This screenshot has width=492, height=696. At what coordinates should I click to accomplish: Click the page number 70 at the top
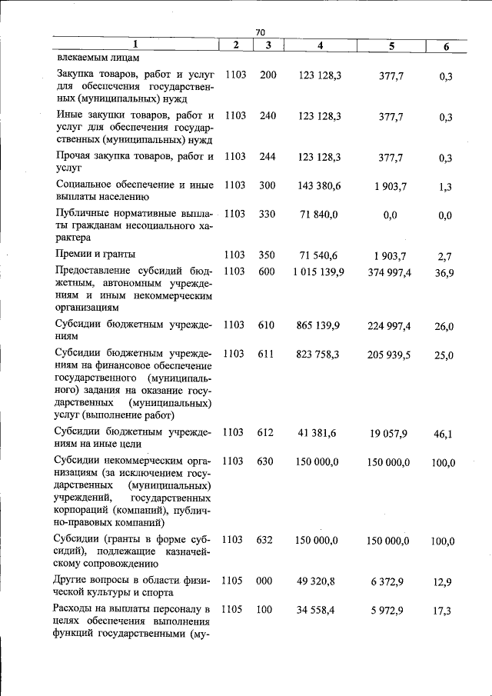click(260, 32)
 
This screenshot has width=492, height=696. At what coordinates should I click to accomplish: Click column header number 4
click(319, 46)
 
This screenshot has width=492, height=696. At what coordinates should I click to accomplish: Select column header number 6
click(446, 47)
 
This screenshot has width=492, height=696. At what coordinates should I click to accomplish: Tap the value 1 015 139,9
click(319, 271)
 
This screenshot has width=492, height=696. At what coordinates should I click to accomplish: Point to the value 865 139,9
click(319, 325)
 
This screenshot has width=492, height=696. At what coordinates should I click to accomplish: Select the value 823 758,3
click(319, 355)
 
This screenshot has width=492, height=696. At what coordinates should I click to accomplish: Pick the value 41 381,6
click(319, 433)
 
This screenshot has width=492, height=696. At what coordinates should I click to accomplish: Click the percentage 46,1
click(444, 435)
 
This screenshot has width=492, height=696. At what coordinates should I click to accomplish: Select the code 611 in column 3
click(266, 355)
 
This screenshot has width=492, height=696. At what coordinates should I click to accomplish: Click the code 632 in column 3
click(266, 540)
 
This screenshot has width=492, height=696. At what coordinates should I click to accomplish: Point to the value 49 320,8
click(319, 581)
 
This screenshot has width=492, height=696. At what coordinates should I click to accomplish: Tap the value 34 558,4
click(319, 611)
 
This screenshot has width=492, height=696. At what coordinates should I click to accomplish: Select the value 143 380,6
click(319, 185)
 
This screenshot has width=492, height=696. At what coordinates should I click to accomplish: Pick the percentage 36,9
click(444, 273)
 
